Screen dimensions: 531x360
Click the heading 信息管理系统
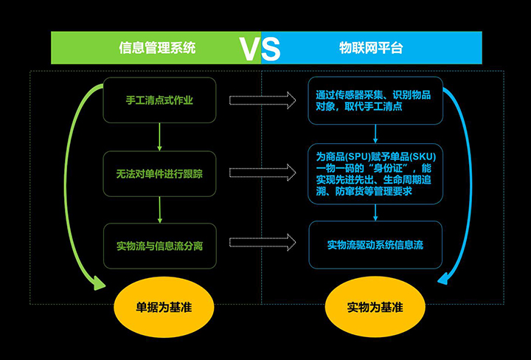(x=157, y=48)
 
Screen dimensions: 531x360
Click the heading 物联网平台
(x=371, y=48)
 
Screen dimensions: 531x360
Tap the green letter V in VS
(x=250, y=49)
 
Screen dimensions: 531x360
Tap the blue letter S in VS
(x=271, y=49)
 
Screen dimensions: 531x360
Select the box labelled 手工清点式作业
(x=159, y=100)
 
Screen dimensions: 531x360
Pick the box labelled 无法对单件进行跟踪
(x=159, y=174)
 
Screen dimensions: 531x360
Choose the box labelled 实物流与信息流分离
(x=160, y=246)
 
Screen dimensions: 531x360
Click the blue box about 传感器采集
(x=375, y=100)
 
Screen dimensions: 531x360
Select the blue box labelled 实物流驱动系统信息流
(x=375, y=245)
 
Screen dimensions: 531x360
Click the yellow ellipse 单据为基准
(x=164, y=307)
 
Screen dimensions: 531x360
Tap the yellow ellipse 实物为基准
(x=375, y=307)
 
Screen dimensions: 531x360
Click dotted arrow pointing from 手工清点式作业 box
(x=263, y=100)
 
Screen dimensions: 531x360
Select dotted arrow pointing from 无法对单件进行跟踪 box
(x=263, y=173)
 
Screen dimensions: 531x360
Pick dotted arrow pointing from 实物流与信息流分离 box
(x=263, y=243)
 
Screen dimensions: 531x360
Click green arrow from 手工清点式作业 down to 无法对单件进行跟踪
(x=159, y=136)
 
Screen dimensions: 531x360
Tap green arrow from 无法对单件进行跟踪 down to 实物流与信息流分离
(x=160, y=210)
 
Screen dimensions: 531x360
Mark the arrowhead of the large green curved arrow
(x=100, y=284)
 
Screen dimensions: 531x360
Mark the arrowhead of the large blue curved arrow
(x=444, y=279)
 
